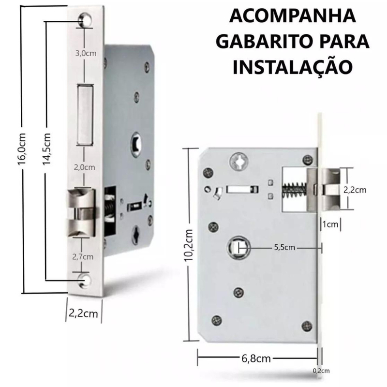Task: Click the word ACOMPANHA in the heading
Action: point(293,16)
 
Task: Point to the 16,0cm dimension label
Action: point(22,149)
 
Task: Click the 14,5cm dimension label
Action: point(46,149)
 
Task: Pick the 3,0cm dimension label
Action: point(86,53)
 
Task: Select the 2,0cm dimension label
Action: point(84,167)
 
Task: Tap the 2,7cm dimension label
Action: point(83,257)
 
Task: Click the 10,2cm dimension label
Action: point(188,245)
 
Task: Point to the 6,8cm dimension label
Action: point(256,358)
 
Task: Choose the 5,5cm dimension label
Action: point(284,247)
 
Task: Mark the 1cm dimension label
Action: point(330,224)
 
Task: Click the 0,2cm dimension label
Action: point(321,371)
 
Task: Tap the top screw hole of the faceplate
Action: point(86,20)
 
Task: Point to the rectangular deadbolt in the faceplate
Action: point(85,115)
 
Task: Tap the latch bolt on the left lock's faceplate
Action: point(81,213)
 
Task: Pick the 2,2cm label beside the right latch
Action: point(355,190)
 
